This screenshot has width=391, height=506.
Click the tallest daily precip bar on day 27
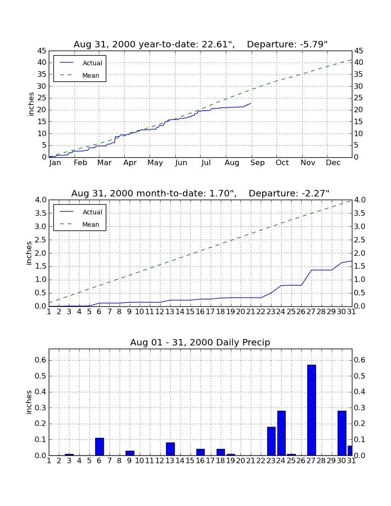pyautogui.click(x=311, y=410)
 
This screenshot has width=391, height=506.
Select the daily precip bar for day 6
pyautogui.click(x=99, y=447)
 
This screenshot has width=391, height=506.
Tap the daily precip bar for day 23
pyautogui.click(x=271, y=441)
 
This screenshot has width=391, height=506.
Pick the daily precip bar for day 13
pyautogui.click(x=170, y=449)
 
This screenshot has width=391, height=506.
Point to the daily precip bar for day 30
pyautogui.click(x=342, y=433)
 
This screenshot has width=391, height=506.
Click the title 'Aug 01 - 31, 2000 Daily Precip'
pyautogui.click(x=200, y=342)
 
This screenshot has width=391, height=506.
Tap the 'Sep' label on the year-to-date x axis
pyautogui.click(x=258, y=163)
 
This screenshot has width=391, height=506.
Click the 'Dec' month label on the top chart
pyautogui.click(x=333, y=163)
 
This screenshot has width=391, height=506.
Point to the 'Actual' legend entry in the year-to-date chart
pyautogui.click(x=92, y=63)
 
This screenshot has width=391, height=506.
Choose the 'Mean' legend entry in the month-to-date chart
pyautogui.click(x=91, y=224)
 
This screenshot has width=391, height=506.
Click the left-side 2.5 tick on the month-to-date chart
pyautogui.click(x=40, y=240)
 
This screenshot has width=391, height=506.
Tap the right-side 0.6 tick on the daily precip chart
pyautogui.click(x=360, y=360)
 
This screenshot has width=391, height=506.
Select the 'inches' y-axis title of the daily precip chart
pyautogui.click(x=29, y=402)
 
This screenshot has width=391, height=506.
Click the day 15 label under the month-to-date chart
pyautogui.click(x=190, y=312)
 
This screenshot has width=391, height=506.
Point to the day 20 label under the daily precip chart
pyautogui.click(x=241, y=461)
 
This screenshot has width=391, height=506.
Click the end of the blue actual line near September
pyautogui.click(x=251, y=103)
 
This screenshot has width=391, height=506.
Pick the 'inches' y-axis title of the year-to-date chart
pyautogui.click(x=31, y=104)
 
